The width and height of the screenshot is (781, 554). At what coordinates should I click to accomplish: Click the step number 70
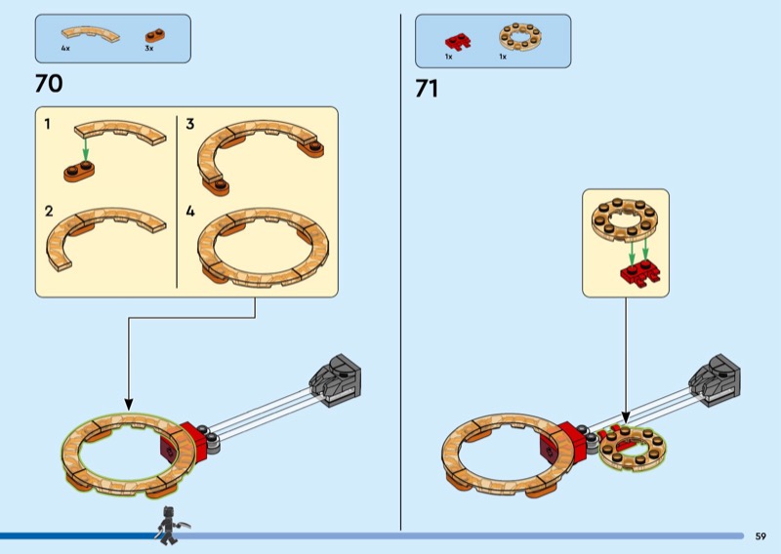(49, 84)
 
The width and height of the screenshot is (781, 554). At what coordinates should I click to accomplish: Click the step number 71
(427, 89)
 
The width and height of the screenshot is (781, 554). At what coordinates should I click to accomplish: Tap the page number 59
(760, 535)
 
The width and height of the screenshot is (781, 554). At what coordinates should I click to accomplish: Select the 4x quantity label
(65, 48)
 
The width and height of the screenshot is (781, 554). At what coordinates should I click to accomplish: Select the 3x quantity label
(149, 48)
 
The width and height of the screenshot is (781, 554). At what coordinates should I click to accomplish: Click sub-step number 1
(47, 124)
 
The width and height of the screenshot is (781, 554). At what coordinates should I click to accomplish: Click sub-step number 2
(48, 211)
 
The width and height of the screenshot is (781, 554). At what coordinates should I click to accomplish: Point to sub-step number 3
(190, 124)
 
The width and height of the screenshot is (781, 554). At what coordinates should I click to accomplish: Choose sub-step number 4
(190, 211)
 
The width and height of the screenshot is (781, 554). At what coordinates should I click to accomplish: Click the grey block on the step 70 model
(337, 376)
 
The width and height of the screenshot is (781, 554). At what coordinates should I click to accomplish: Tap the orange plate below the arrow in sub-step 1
(80, 171)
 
